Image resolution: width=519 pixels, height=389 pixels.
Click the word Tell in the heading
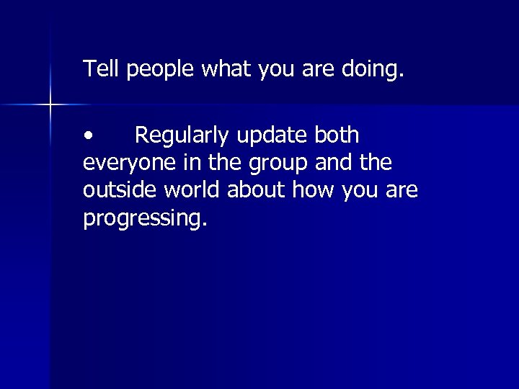click(x=102, y=69)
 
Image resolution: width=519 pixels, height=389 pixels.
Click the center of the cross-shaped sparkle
click(x=50, y=105)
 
